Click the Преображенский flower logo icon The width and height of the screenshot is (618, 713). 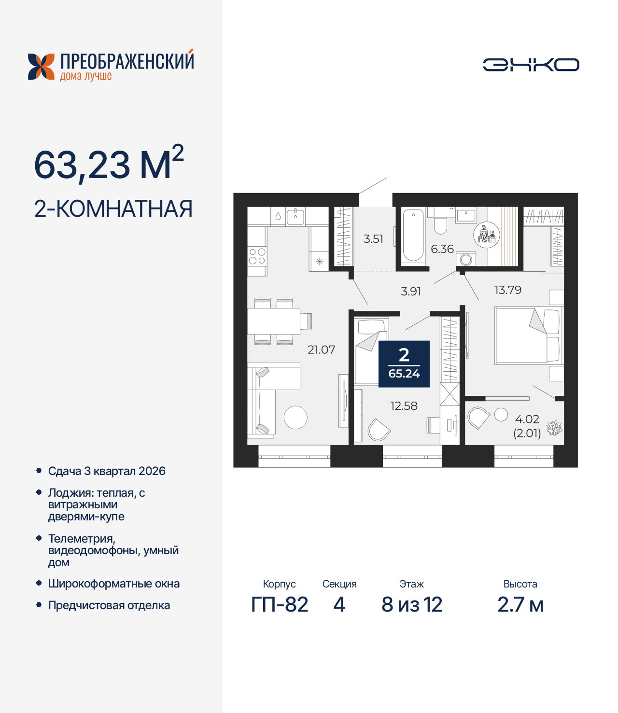coord(41,67)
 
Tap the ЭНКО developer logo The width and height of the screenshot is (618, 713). coord(531,65)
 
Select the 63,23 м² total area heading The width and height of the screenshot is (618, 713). coord(109,164)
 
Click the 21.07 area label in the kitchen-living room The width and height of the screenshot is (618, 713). coord(321,350)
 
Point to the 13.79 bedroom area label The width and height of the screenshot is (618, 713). coord(507,290)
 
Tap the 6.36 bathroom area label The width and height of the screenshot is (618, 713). coord(442,249)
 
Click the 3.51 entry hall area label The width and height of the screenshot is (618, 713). coord(373,238)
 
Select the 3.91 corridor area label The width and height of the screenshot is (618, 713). coord(411,291)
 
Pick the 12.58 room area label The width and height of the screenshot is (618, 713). coord(404,406)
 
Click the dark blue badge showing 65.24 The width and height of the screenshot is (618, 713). coord(404,364)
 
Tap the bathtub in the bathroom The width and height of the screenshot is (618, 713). coord(413,235)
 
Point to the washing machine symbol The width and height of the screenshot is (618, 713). coord(466,259)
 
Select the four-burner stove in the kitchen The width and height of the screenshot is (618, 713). coord(257,256)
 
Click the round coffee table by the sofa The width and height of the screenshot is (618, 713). coord(295,418)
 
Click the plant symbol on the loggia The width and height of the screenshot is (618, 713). coord(554,428)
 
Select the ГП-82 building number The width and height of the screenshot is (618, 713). coord(280,604)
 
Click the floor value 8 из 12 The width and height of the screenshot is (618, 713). coord(412,604)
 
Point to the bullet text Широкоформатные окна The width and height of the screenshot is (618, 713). coord(113,584)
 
